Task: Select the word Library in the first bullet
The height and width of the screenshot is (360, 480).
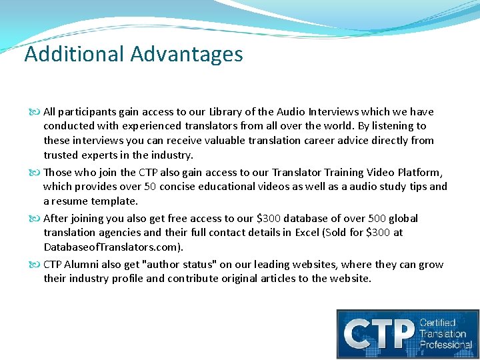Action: pyautogui.click(x=227, y=111)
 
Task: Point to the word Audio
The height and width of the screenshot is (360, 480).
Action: pyautogui.click(x=295, y=111)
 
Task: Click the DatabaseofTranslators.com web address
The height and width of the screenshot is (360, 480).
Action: pyautogui.click(x=112, y=247)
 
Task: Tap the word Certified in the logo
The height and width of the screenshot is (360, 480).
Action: pyautogui.click(x=437, y=323)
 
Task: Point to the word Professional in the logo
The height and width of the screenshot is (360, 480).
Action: pyautogui.click(x=445, y=344)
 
